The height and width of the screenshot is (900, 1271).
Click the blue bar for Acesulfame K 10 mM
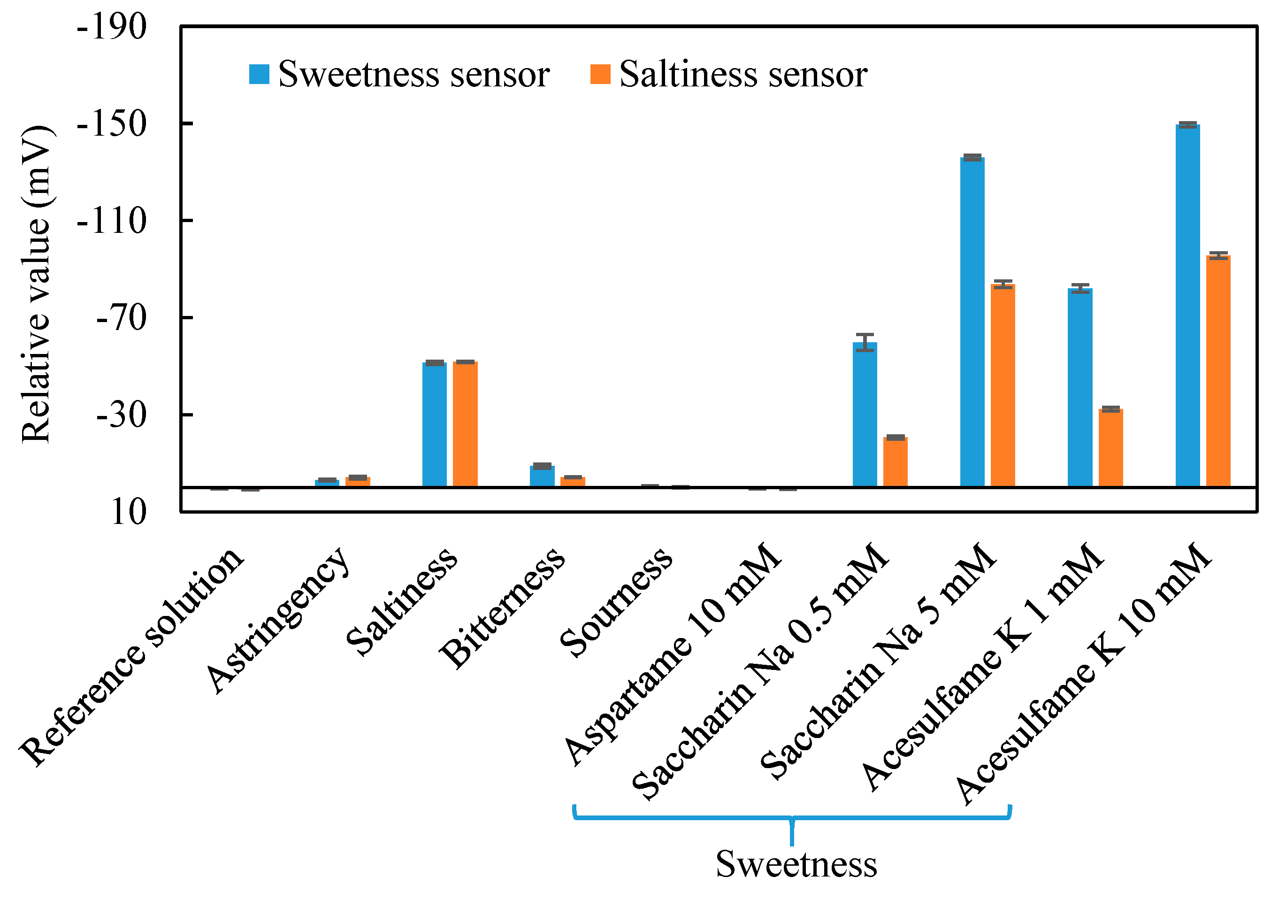click(x=1187, y=305)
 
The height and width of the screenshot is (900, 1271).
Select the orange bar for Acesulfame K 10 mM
click(x=1218, y=371)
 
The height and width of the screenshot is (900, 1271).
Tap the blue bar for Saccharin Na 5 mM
click(x=972, y=322)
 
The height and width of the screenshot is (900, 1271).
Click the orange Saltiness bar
click(x=466, y=424)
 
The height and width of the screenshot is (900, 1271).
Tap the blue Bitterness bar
click(x=542, y=476)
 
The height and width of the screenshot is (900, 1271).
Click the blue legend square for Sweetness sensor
click(x=259, y=74)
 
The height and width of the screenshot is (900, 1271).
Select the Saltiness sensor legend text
click(x=743, y=74)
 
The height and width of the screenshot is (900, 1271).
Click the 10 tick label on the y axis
click(x=129, y=511)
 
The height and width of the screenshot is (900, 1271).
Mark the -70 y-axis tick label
click(x=121, y=317)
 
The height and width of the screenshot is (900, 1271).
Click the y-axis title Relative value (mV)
click(x=36, y=284)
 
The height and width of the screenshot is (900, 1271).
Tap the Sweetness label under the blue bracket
click(x=796, y=863)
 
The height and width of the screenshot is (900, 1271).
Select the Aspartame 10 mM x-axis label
click(x=673, y=654)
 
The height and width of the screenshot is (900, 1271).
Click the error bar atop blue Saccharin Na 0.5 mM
click(x=865, y=342)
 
